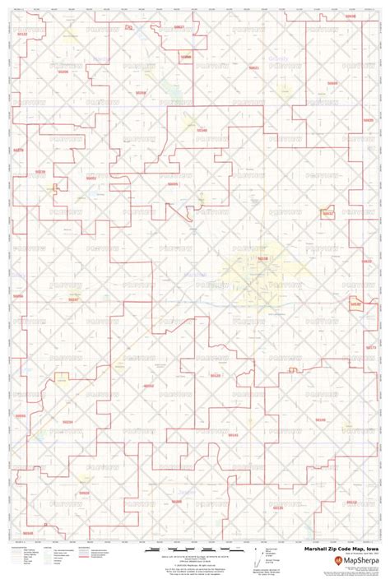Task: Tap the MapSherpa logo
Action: (x=351, y=561)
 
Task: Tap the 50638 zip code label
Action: (x=351, y=16)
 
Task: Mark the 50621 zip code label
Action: (x=253, y=67)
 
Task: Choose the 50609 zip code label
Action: (x=332, y=83)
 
